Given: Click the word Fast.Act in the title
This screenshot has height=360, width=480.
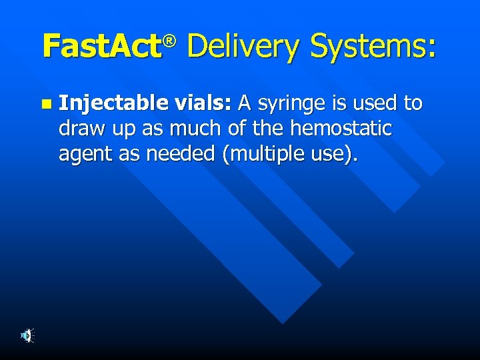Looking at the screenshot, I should [x=101, y=47].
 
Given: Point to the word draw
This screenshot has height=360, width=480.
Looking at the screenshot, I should [x=79, y=129].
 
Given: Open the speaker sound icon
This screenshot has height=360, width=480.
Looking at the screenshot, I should [x=27, y=336].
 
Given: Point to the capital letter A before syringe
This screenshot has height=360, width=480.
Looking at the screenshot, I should [x=245, y=103].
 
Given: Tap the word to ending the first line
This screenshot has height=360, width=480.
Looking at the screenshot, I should [x=413, y=103].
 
